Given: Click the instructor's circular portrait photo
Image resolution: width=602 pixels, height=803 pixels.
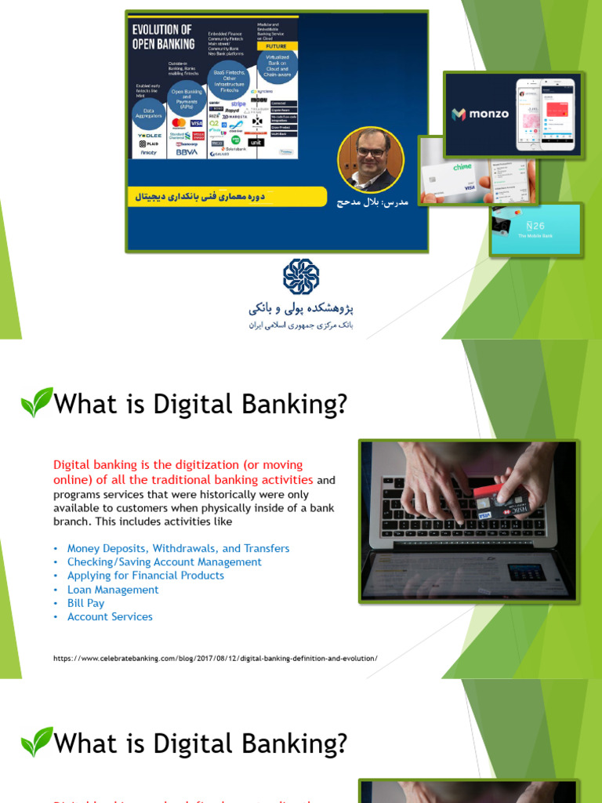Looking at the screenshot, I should click(371, 159).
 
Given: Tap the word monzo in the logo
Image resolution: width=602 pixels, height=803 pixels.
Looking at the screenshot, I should click(489, 114).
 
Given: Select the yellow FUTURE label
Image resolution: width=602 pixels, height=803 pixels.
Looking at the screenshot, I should click(277, 46).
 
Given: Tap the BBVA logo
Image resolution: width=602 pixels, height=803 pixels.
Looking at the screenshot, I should click(187, 152).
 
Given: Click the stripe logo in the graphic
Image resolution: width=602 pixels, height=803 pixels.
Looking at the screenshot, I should click(238, 104).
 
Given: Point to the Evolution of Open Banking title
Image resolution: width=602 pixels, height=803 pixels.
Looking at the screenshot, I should click(163, 37).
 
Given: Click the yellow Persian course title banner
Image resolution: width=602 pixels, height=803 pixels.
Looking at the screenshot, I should click(226, 197).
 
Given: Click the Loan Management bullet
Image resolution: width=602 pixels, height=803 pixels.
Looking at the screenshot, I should click(113, 590).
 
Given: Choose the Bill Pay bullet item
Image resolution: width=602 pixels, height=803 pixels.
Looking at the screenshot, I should click(85, 603).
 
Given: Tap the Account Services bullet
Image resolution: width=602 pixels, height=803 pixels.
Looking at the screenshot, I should click(110, 616).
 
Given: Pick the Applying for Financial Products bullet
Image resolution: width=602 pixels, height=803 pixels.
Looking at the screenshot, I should click(146, 576).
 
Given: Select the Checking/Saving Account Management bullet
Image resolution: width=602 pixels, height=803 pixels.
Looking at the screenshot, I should click(165, 562).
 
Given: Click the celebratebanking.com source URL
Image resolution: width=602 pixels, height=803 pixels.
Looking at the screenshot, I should click(216, 658).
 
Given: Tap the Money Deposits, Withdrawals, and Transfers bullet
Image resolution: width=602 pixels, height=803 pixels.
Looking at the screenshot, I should click(178, 548).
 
